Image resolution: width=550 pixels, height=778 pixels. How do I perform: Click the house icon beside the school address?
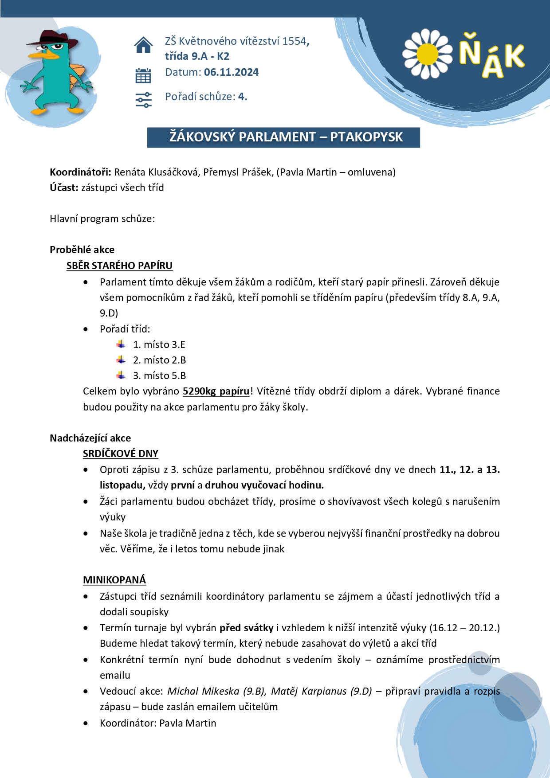tap(143, 45)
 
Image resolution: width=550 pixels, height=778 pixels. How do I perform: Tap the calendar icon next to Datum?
tap(143, 76)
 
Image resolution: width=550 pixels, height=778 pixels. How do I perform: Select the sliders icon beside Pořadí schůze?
tap(143, 100)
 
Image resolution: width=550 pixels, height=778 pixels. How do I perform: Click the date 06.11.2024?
tap(231, 72)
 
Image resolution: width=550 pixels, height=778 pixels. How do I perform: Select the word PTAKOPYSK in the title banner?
tap(366, 137)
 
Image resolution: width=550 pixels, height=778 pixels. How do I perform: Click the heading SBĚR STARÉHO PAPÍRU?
tap(119, 266)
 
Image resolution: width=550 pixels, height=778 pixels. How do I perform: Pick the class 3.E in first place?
tap(178, 344)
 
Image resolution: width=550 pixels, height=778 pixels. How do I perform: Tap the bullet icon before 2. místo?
tap(121, 360)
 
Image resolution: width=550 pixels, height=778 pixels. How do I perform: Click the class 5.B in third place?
tap(179, 375)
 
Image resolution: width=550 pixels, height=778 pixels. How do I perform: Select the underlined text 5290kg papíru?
tap(216, 391)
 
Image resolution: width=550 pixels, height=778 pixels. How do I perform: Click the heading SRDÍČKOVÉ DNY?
tap(121, 454)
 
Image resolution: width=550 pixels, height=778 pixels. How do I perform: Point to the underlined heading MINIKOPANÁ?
tap(114, 580)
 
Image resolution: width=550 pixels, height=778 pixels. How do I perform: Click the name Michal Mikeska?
tap(203, 691)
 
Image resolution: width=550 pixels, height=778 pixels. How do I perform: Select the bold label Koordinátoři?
tap(80, 172)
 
